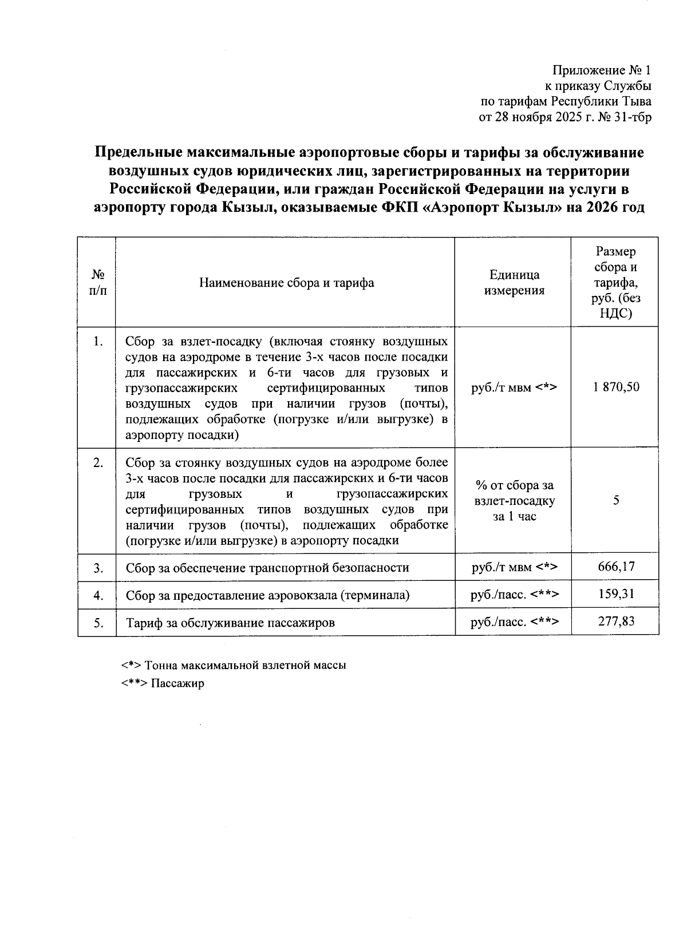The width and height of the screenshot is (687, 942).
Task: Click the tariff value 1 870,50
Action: click(616, 387)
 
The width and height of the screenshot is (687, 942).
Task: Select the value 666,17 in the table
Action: click(616, 567)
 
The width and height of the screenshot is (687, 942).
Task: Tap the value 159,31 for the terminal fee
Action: click(616, 594)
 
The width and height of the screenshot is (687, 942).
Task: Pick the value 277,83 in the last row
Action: click(616, 622)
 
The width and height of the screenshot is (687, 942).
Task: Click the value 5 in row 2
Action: click(616, 500)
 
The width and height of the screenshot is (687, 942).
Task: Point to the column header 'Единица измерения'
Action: click(514, 283)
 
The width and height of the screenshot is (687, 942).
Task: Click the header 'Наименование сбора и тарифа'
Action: click(286, 283)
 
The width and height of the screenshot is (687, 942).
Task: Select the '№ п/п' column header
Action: click(97, 283)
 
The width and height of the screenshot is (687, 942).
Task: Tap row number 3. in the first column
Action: click(98, 568)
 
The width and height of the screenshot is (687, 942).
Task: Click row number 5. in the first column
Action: click(98, 623)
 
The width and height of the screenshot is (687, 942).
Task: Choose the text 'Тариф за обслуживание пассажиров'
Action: click(230, 623)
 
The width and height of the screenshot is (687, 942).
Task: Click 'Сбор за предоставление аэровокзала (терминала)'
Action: click(267, 595)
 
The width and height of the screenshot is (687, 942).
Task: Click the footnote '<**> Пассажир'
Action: click(163, 683)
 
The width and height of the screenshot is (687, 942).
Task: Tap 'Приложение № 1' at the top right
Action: click(601, 70)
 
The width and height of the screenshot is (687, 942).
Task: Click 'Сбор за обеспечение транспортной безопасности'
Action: click(267, 568)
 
